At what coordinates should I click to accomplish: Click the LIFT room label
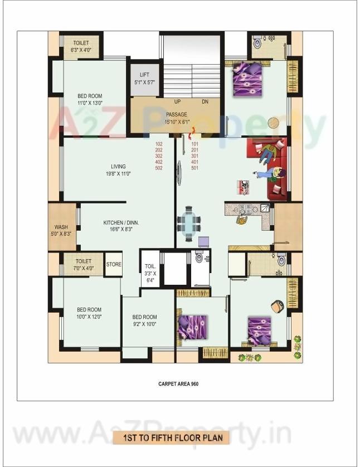[x=144, y=78]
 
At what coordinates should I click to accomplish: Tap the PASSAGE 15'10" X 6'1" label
[x=177, y=118]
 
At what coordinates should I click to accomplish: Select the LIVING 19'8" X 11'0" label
[x=118, y=170]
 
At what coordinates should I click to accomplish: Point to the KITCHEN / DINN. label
[x=121, y=226]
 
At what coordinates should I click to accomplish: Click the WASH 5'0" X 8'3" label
[x=61, y=230]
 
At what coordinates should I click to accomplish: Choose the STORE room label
[x=114, y=264]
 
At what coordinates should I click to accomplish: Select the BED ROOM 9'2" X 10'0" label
[x=144, y=320]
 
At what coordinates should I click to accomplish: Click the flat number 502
[x=159, y=168]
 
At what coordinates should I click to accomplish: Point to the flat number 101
[x=195, y=144]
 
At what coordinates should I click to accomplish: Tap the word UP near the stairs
[x=178, y=102]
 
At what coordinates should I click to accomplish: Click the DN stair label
[x=205, y=102]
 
